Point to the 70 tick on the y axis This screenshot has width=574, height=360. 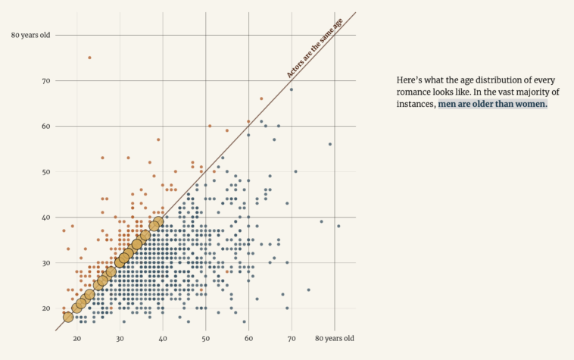[45, 80]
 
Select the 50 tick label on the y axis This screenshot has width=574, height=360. [45, 172]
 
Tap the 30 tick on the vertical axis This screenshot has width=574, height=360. [45, 263]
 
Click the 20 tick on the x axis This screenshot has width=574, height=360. [76, 337]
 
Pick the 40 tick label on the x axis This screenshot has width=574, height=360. [163, 337]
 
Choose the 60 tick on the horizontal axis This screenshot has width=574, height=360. [248, 337]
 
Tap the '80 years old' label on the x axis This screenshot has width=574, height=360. [335, 337]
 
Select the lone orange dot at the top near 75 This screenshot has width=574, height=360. [89, 58]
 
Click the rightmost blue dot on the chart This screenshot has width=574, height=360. [338, 226]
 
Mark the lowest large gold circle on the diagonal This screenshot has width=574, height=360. [68, 317]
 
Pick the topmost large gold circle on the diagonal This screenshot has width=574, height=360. [158, 221]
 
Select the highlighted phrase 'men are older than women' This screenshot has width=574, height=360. [492, 104]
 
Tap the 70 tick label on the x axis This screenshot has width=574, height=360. [292, 337]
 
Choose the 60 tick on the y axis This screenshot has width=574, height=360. [45, 126]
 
